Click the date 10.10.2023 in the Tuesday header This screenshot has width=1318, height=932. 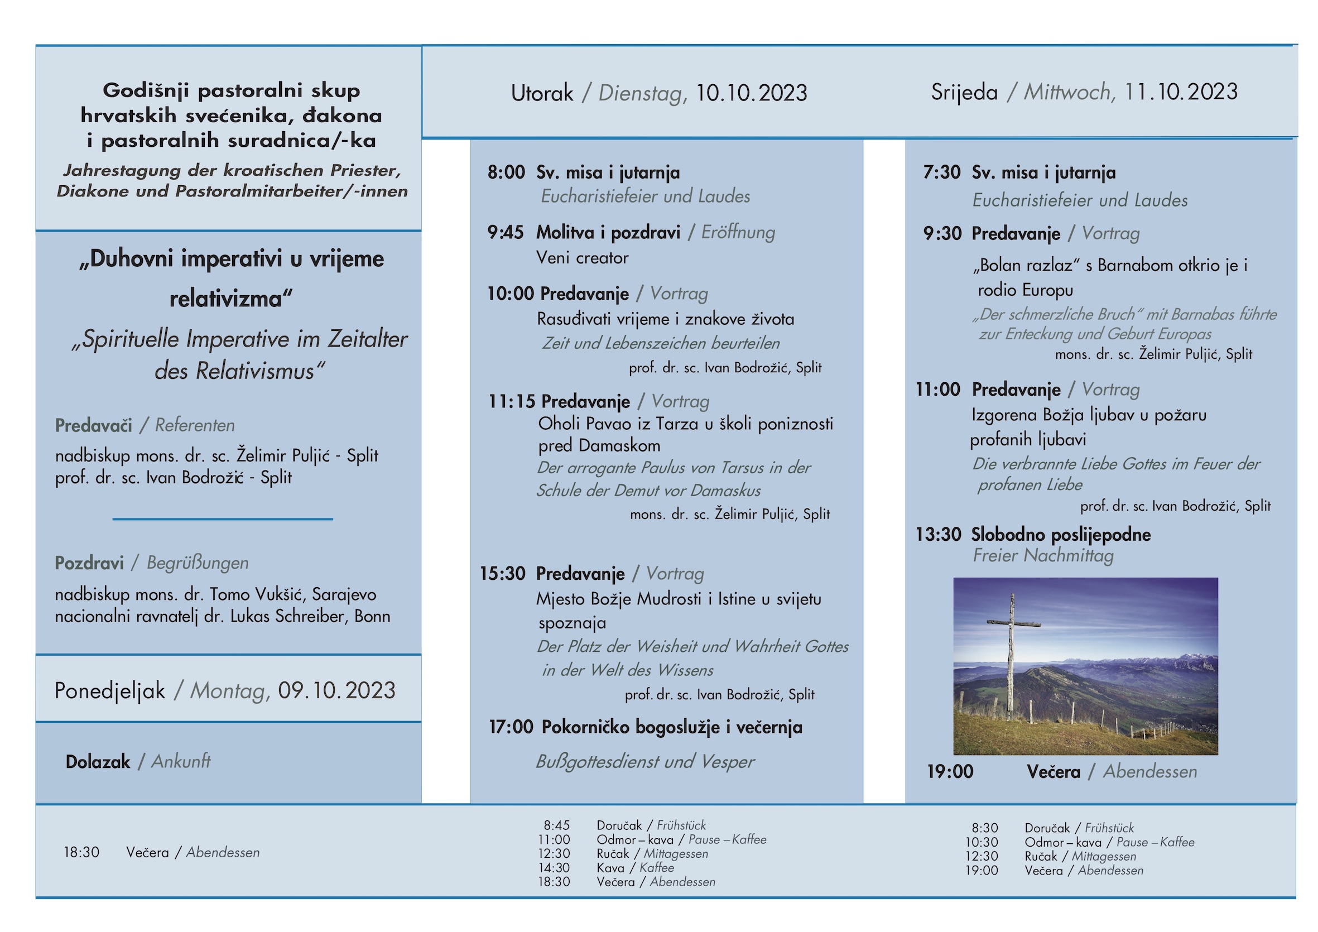click(x=751, y=93)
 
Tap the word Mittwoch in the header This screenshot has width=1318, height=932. click(x=1069, y=93)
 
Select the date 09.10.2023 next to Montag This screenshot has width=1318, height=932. click(x=336, y=690)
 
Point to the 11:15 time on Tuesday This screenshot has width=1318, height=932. click(x=512, y=401)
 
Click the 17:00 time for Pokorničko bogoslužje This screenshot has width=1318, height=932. click(x=511, y=727)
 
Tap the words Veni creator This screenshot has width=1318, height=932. click(x=582, y=258)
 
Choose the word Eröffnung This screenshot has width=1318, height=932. click(x=738, y=233)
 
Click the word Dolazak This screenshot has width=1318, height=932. click(x=98, y=761)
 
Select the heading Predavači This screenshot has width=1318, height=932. click(x=93, y=425)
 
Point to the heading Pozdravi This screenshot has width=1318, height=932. click(x=89, y=563)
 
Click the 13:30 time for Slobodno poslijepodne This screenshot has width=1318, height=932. click(x=938, y=535)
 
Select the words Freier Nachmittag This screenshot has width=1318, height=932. click(x=1043, y=555)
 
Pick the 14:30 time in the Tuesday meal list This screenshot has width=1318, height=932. click(x=554, y=868)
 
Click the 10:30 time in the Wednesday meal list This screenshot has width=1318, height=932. click(x=982, y=842)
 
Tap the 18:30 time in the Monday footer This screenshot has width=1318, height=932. click(x=81, y=852)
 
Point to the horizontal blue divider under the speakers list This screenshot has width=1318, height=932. click(x=223, y=519)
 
